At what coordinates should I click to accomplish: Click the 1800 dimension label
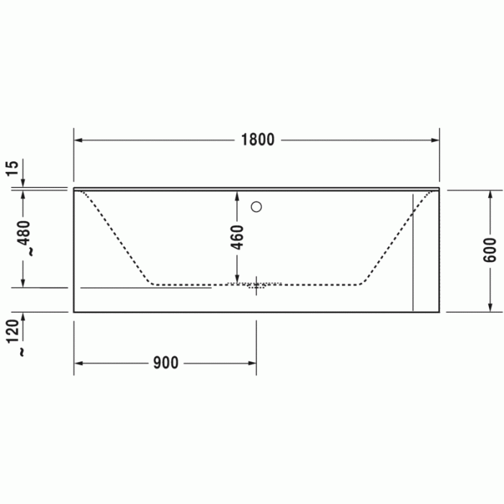[257, 140]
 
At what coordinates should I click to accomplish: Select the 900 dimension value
[166, 363]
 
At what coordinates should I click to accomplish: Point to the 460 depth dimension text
[238, 236]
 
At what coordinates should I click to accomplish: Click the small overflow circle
[256, 207]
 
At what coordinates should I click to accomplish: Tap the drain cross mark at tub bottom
[256, 286]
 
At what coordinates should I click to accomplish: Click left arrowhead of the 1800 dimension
[78, 140]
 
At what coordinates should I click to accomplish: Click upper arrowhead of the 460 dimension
[238, 194]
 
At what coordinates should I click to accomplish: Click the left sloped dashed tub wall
[119, 238]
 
